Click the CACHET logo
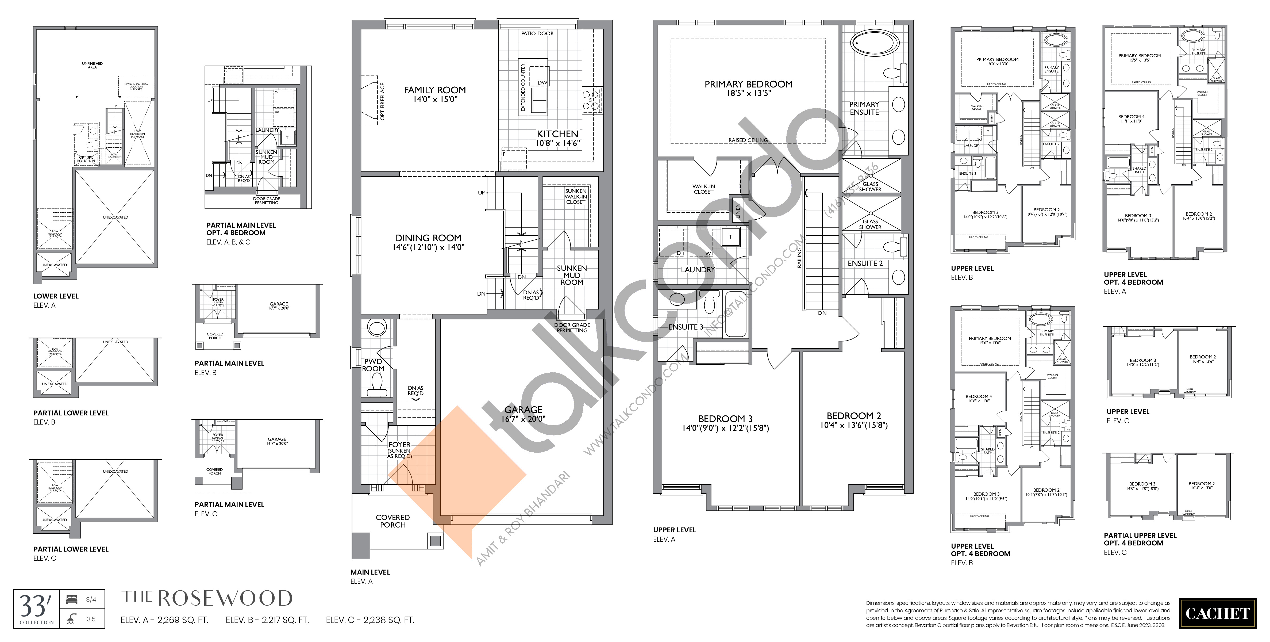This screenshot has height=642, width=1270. tap(1217, 613)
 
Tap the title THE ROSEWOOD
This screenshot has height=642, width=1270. tap(207, 598)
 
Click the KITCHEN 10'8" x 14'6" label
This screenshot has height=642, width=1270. tap(558, 138)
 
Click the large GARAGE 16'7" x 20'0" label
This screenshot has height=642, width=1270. tap(523, 414)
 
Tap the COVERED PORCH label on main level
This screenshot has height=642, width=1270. tap(392, 521)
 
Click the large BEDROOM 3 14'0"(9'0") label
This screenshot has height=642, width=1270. tap(725, 423)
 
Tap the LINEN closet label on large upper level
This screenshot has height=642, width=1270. tap(738, 211)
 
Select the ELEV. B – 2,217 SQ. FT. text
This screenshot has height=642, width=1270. tap(267, 620)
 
